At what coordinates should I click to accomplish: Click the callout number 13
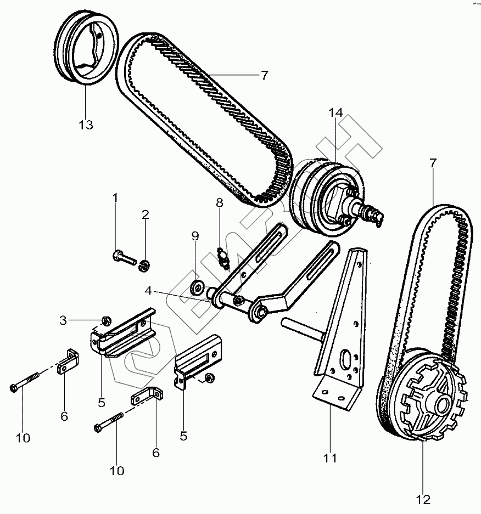point(85,125)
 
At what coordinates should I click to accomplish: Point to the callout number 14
point(335,113)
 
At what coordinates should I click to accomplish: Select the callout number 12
point(423,499)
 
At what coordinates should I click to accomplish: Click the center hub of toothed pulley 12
point(441,405)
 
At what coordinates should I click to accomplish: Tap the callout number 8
point(219,203)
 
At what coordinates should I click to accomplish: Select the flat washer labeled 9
point(196,285)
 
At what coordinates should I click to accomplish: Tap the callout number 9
point(195,236)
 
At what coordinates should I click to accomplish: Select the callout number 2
point(145,214)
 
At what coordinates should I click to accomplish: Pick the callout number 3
point(63,319)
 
